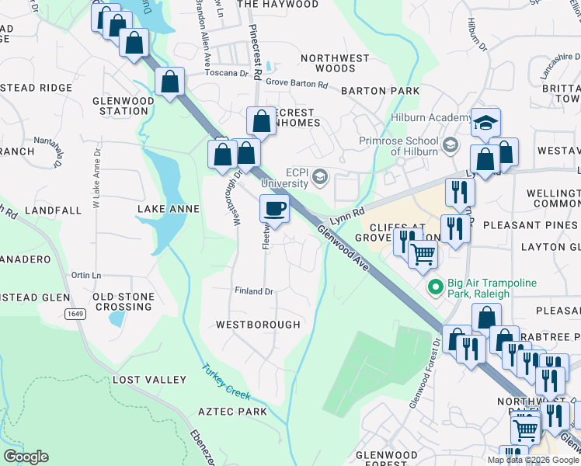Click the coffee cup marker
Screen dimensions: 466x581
click(x=273, y=208)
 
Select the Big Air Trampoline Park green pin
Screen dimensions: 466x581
click(x=435, y=288)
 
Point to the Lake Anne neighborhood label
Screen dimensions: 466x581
click(x=169, y=209)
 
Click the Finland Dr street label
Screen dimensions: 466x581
click(x=254, y=291)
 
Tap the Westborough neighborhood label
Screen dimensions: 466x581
click(x=258, y=324)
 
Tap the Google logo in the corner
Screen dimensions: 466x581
click(x=26, y=457)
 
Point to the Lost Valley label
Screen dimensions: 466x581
click(x=149, y=380)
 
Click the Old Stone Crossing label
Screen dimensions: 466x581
click(x=123, y=301)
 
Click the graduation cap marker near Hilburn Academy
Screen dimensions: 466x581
click(x=485, y=122)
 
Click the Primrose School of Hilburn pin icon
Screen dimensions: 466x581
click(x=450, y=145)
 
